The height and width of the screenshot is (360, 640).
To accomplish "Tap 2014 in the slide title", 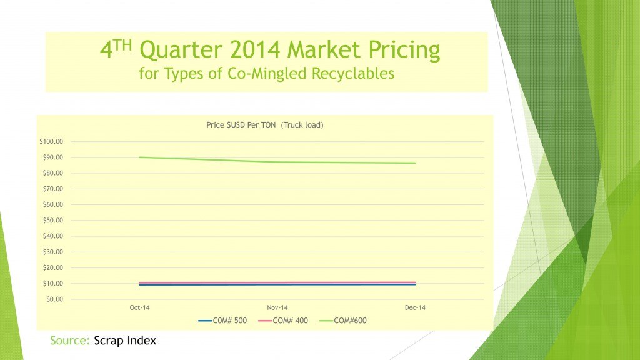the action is click(x=255, y=50).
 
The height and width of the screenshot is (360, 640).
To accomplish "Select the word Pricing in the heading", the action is click(x=404, y=50).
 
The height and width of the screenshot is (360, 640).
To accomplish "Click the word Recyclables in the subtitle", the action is click(x=353, y=74).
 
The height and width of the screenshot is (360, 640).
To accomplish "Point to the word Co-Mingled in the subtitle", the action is click(x=267, y=74).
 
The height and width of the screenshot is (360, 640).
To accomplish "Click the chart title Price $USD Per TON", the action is click(x=241, y=125).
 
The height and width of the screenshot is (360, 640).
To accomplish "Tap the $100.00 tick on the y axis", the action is click(x=51, y=142).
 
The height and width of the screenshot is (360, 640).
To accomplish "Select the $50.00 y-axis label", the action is click(x=53, y=221).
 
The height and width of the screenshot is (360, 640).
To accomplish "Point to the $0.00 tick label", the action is click(x=55, y=299).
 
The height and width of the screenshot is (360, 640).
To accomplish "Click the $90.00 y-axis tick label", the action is click(x=53, y=157).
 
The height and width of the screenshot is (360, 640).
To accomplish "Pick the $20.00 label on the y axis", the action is click(x=53, y=267).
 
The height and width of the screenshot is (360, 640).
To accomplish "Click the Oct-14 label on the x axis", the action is click(x=139, y=307).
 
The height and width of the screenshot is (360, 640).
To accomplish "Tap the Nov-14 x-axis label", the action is click(x=277, y=307).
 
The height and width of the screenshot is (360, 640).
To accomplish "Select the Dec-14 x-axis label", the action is click(x=415, y=307).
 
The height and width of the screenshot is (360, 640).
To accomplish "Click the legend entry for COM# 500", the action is click(x=222, y=321).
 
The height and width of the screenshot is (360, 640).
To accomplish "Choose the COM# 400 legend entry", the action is click(x=283, y=321).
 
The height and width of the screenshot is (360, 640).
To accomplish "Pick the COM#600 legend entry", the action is click(x=343, y=321).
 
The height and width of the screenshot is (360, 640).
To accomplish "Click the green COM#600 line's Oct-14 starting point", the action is click(x=139, y=157).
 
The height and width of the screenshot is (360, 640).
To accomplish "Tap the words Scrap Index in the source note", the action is click(x=125, y=341).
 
